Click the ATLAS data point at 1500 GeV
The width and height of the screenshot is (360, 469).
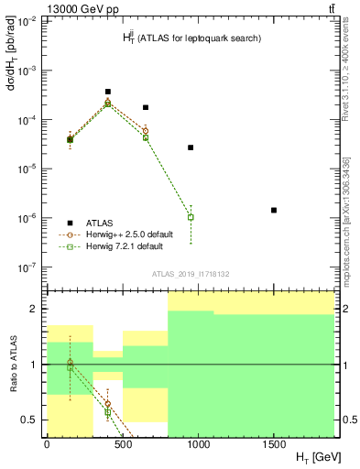(x=274, y=210)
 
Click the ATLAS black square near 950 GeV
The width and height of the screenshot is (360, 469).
(x=191, y=147)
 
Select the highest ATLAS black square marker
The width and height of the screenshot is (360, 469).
(x=108, y=92)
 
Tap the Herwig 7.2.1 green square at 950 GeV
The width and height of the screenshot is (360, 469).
(x=191, y=217)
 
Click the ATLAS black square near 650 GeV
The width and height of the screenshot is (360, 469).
(x=146, y=107)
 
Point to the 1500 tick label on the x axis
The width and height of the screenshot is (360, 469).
(x=274, y=443)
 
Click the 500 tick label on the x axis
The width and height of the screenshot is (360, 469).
(x=123, y=443)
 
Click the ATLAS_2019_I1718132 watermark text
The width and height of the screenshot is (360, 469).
(x=190, y=274)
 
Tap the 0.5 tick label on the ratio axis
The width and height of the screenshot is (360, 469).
(x=31, y=420)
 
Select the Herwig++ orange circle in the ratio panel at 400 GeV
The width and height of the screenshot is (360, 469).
(x=108, y=403)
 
